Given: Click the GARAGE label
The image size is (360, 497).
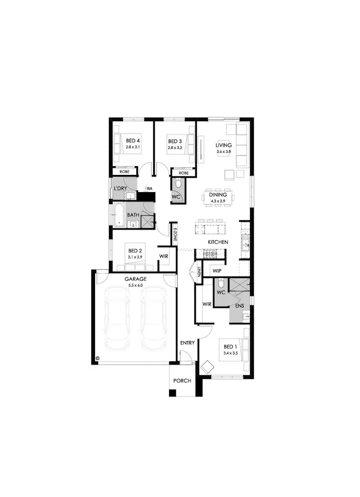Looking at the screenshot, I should coord(135,279).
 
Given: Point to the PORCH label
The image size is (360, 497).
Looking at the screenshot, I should coord(182,381).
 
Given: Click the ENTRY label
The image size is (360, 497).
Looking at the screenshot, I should coord(187,343).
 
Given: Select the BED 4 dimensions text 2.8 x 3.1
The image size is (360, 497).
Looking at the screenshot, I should coord(133,148).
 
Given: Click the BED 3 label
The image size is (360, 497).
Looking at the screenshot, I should coord(175,141).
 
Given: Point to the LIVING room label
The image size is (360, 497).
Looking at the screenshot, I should coord(224,145).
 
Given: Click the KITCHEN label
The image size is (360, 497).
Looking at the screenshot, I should coord(218,243).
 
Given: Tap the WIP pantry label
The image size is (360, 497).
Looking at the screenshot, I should coord(217,271).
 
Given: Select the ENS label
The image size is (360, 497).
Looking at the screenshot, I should coord(239,305).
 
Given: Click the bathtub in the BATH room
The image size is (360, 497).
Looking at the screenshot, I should coord(119,215).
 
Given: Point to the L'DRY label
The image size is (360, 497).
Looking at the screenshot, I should coord(120,189).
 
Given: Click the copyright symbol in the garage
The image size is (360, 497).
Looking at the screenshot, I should coord(97,357).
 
